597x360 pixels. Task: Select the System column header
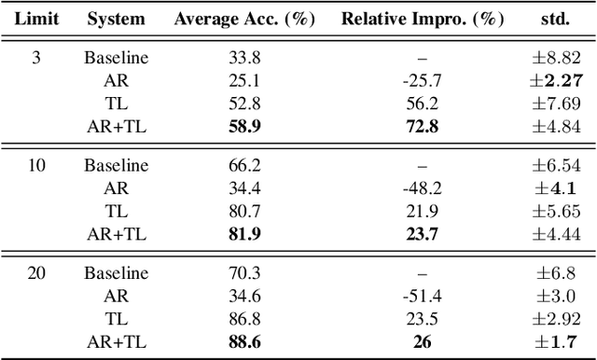point(116,19)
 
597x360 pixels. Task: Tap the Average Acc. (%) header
point(243,19)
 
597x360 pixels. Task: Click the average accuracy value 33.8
point(243,58)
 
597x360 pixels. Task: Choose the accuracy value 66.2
point(243,166)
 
